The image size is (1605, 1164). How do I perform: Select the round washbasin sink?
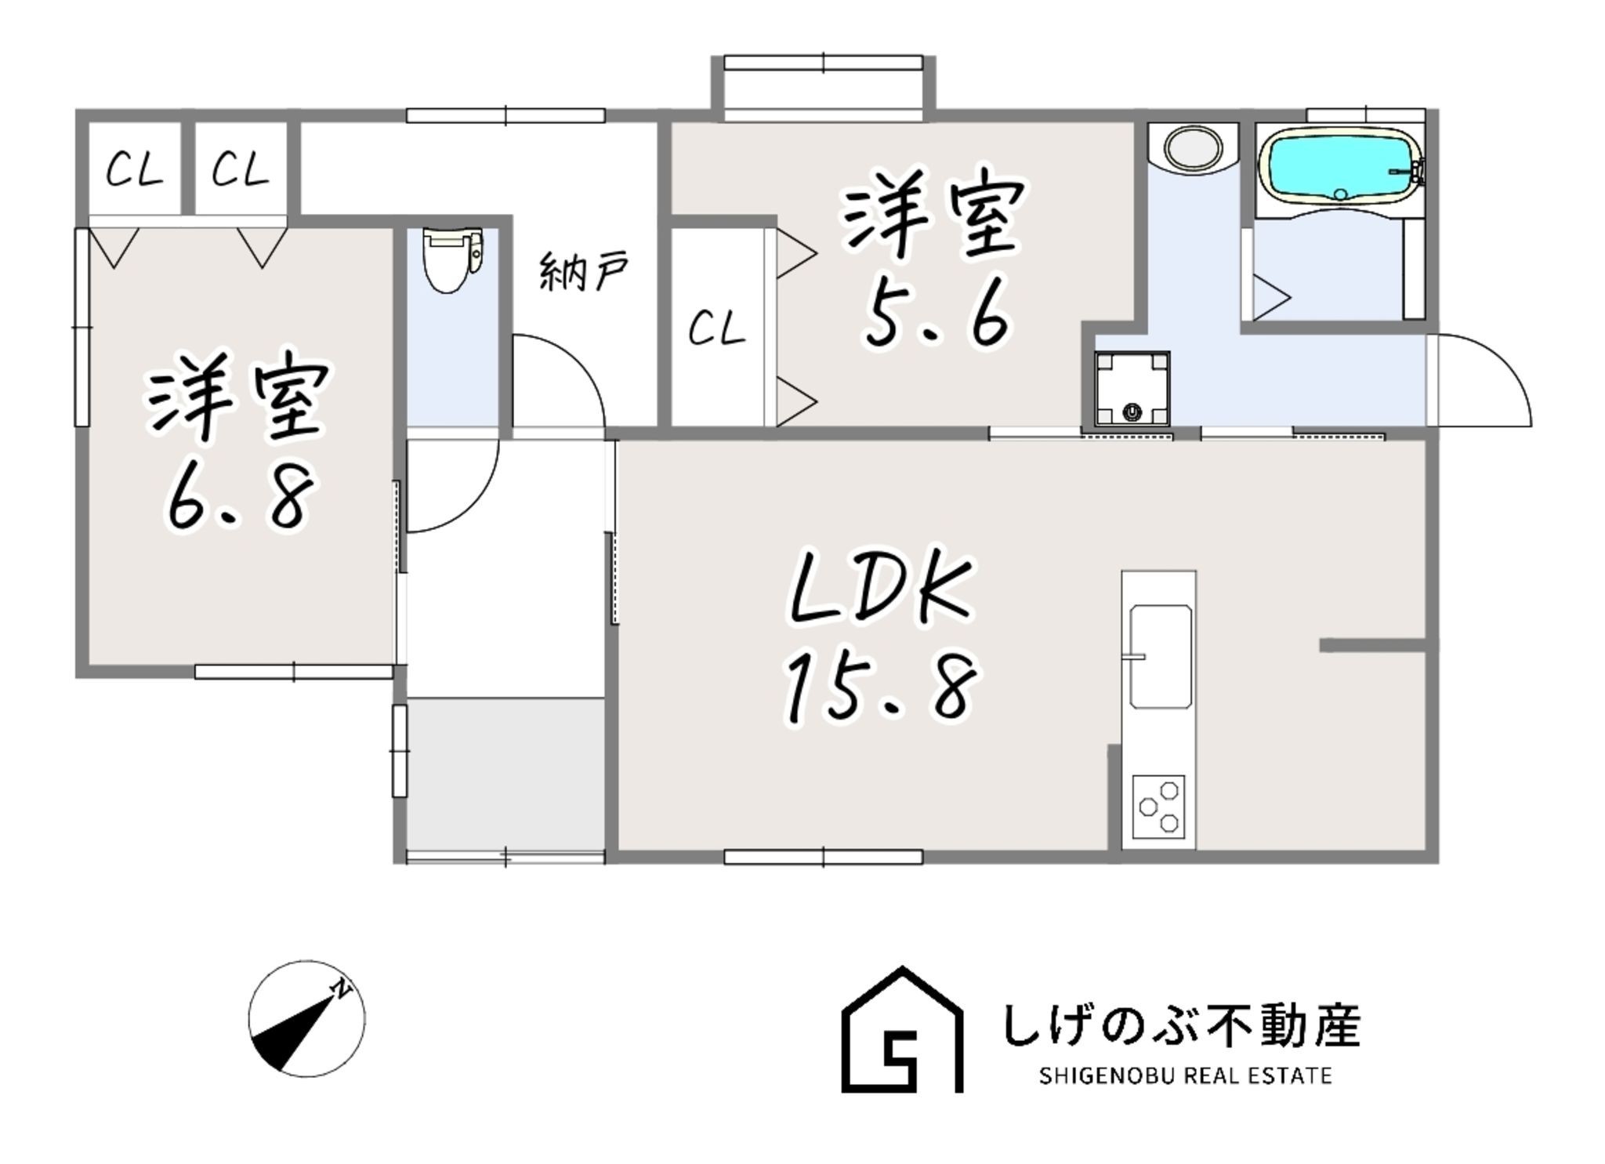[1192, 147]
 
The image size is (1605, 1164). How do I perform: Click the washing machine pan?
[1132, 388]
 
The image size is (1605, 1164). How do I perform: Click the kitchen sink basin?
[1160, 655]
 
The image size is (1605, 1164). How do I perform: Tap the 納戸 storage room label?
[584, 270]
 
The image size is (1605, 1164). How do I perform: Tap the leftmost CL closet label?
[134, 169]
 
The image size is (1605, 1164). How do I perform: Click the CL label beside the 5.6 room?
[716, 328]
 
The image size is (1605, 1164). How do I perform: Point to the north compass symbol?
[306, 1018]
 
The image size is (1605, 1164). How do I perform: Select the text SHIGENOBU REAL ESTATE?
[1185, 1075]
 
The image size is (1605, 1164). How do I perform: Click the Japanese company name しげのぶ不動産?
[1182, 1024]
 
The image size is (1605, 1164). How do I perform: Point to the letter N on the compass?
[342, 988]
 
